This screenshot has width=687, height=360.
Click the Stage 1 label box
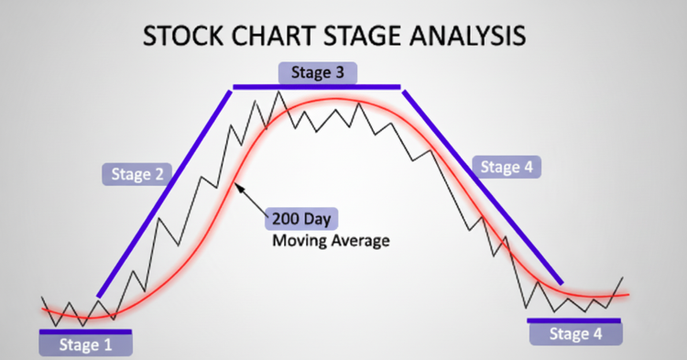(x=85, y=344)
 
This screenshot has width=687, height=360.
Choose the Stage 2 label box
(x=137, y=174)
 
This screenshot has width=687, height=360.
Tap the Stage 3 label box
(x=318, y=72)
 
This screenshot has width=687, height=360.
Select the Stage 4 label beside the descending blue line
(x=507, y=167)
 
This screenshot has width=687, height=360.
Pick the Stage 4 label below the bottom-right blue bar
(x=576, y=334)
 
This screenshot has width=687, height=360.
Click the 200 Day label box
(x=301, y=219)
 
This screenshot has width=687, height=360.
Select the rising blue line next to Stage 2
(x=164, y=194)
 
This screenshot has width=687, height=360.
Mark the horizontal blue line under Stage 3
(x=317, y=87)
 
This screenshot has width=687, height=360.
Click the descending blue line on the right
(x=483, y=187)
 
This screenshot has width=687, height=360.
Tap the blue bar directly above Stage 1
(x=85, y=332)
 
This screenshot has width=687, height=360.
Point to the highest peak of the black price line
(x=278, y=92)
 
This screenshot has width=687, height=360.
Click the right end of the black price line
(x=622, y=278)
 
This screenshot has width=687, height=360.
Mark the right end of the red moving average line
(x=628, y=294)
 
